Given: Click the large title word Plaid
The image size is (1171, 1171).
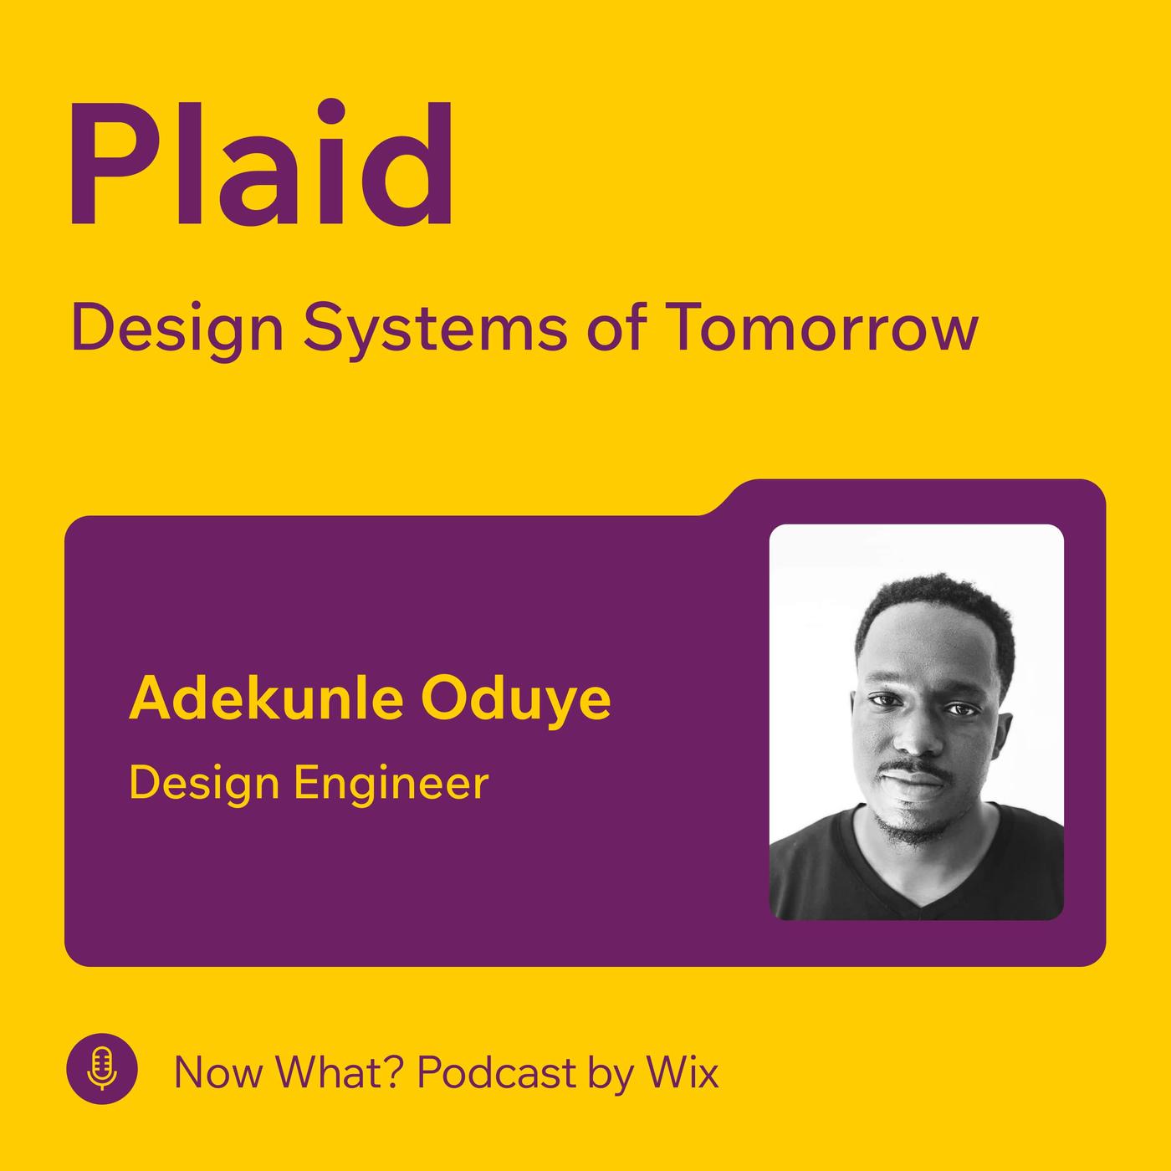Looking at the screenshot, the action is [262, 163].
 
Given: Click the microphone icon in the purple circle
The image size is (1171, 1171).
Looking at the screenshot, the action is [102, 1068].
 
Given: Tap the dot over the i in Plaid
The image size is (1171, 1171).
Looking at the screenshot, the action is [331, 113].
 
